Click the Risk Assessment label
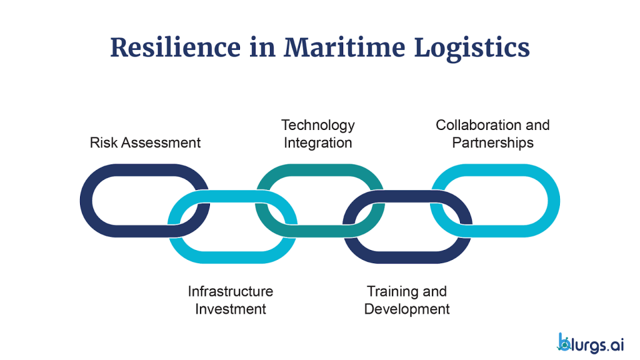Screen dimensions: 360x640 (x=145, y=142)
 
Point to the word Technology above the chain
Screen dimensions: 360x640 (x=317, y=125)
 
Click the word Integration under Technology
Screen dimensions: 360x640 (x=317, y=142)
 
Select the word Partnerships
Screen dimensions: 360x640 (x=492, y=142)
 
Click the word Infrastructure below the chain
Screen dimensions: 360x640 (x=230, y=291)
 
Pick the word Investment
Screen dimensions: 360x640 (x=230, y=309)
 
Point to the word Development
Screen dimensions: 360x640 (x=407, y=309)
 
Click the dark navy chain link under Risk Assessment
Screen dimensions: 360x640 (x=87, y=200)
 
